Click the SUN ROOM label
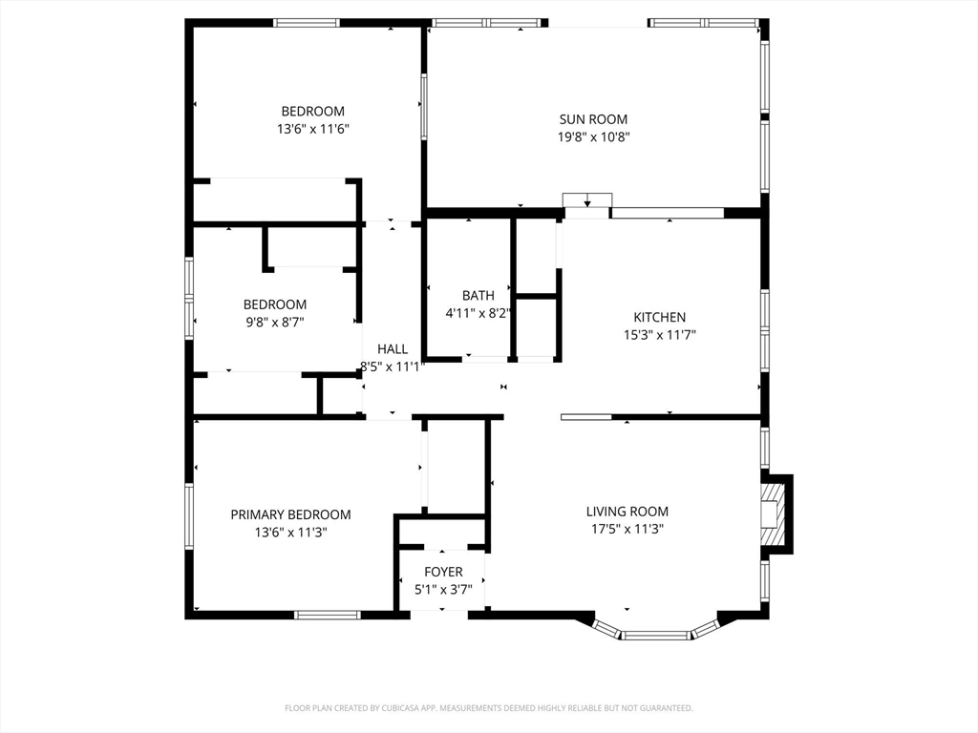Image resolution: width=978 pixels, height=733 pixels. [x=593, y=119]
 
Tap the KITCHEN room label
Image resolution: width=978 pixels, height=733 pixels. [x=659, y=317]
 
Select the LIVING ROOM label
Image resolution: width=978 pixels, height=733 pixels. [x=627, y=512]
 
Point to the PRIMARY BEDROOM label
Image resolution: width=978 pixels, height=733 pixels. [x=290, y=514]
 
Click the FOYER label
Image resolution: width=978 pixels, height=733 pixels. [x=443, y=572]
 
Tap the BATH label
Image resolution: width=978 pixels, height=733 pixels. [x=478, y=296]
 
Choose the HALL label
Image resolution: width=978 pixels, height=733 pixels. [x=393, y=349]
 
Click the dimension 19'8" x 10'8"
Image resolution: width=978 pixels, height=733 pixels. [x=594, y=137]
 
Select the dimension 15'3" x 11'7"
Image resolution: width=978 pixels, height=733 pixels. [x=660, y=335]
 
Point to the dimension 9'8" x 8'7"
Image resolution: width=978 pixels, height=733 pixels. [x=275, y=323]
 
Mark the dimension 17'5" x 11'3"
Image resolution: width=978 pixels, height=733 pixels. [x=627, y=530]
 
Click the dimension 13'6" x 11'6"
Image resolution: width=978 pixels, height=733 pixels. [x=313, y=130]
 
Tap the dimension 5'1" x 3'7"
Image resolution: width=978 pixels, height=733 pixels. [x=443, y=590]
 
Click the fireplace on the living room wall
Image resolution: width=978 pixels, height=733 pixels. [x=776, y=513]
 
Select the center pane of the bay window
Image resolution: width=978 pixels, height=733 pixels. [x=656, y=636]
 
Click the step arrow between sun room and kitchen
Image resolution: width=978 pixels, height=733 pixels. [x=587, y=202]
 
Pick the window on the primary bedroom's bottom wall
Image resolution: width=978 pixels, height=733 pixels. [x=328, y=616]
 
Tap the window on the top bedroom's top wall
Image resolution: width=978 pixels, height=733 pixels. [x=307, y=23]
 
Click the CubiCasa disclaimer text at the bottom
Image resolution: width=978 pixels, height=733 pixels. [x=489, y=708]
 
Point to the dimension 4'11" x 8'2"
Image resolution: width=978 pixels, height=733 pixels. [x=478, y=313]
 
